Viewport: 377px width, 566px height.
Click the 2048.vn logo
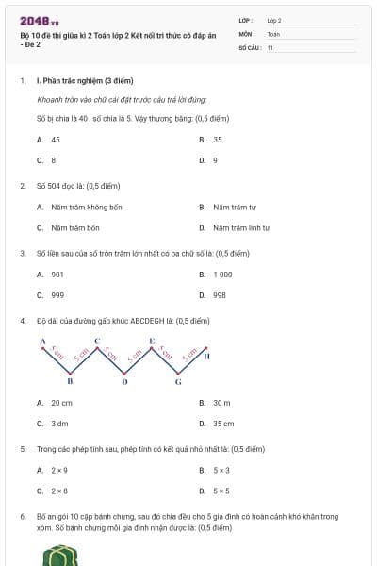coord(40,20)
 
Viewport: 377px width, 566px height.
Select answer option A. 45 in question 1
coord(49,139)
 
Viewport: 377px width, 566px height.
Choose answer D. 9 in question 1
coord(209,160)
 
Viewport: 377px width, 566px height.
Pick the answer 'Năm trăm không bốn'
coord(81,207)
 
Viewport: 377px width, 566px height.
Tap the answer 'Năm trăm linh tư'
coord(236,227)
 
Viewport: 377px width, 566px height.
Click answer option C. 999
coord(51,295)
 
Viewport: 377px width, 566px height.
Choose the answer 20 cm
coord(56,403)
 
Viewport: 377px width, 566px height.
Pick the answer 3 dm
coord(53,424)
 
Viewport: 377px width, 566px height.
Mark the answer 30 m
coord(216,403)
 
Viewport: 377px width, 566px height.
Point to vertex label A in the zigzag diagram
coord(42,341)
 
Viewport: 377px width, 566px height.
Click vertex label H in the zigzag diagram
coord(206,358)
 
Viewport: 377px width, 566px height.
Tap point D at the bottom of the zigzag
coord(124,382)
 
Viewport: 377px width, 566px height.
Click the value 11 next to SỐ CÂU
coord(270,46)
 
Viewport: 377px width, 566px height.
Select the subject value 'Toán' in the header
coord(273,33)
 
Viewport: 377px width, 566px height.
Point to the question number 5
coord(23,449)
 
